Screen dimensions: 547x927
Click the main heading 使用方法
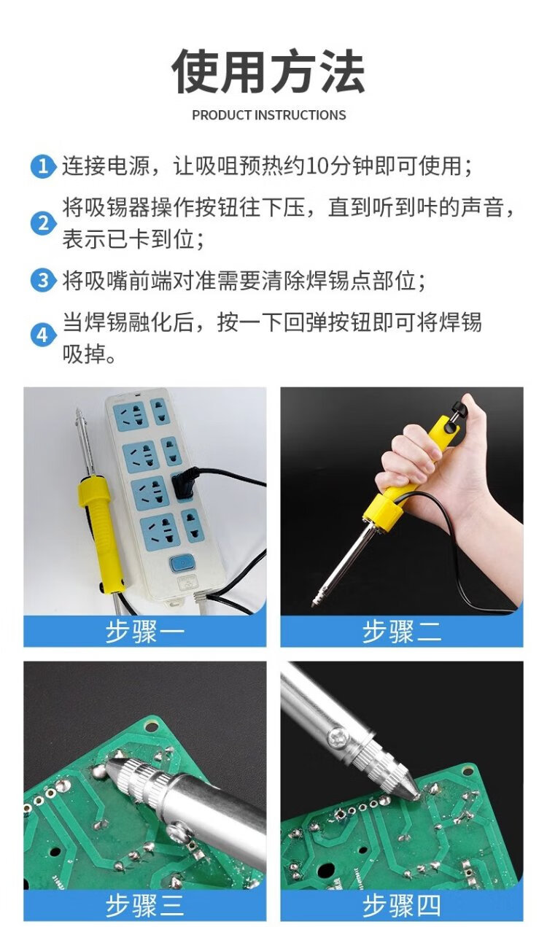point(268,71)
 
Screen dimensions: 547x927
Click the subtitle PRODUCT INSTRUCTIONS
point(269,115)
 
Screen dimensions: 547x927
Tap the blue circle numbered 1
point(42,166)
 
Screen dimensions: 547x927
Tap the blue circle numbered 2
point(42,223)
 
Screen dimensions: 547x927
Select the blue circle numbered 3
point(42,281)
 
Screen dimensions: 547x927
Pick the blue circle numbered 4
point(42,335)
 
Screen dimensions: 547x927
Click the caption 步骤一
point(144,631)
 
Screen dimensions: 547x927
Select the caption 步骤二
point(402,631)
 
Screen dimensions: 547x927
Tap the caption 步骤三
point(144,905)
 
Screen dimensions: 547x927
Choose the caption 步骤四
point(402,905)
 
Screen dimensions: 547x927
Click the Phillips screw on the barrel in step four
point(337,737)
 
